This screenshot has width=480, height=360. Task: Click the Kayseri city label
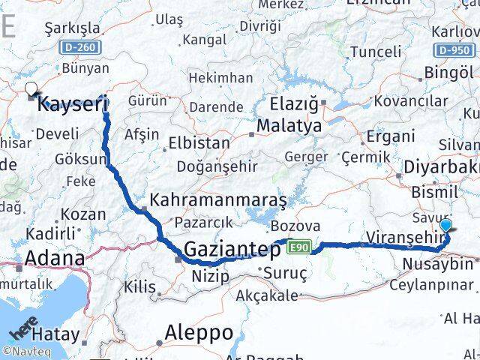(x=73, y=104)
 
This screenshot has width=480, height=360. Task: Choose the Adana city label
(x=54, y=259)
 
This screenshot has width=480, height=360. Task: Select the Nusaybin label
(x=438, y=264)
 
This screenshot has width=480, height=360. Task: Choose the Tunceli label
(x=376, y=52)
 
